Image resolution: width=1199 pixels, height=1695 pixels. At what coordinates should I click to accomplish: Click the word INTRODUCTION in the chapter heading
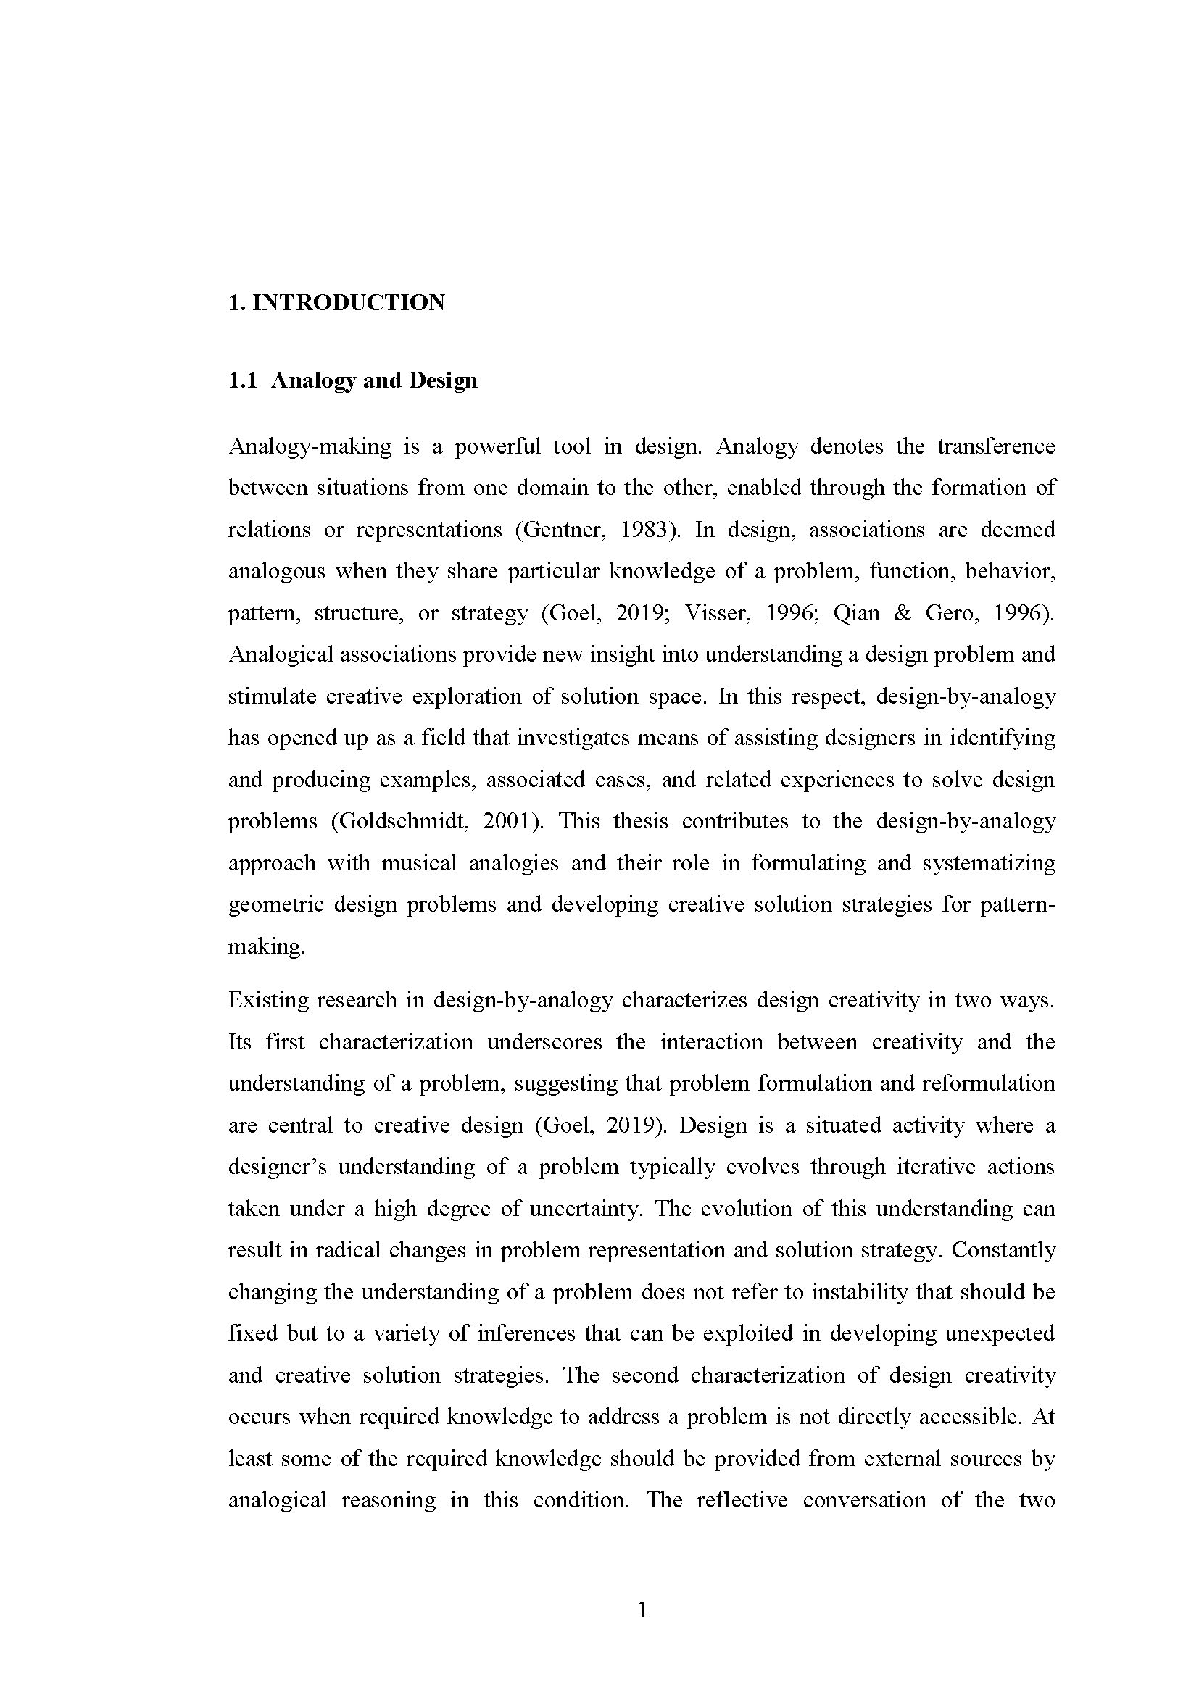[x=349, y=303]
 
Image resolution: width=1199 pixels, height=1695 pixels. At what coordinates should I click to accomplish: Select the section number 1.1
[x=242, y=381]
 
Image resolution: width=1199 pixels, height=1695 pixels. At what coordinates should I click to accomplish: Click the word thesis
[x=640, y=822]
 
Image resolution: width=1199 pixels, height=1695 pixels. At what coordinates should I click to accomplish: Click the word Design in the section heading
[x=443, y=381]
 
